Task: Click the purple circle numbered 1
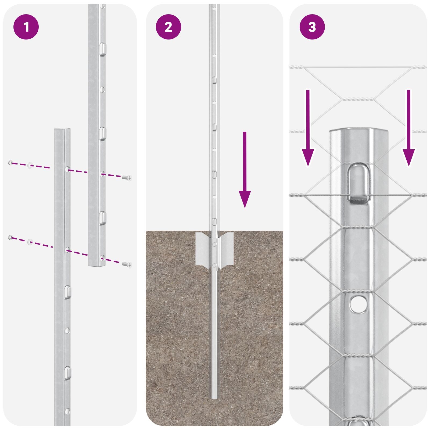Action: (x=26, y=27)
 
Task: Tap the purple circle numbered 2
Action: (x=169, y=27)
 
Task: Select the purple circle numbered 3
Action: (x=312, y=27)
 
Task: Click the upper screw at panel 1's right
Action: (x=127, y=177)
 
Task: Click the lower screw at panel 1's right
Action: (x=127, y=264)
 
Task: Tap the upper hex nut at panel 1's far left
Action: (x=10, y=163)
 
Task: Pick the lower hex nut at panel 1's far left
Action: (x=10, y=237)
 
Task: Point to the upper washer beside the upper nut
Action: (x=30, y=165)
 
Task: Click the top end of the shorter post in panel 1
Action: (x=63, y=130)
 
